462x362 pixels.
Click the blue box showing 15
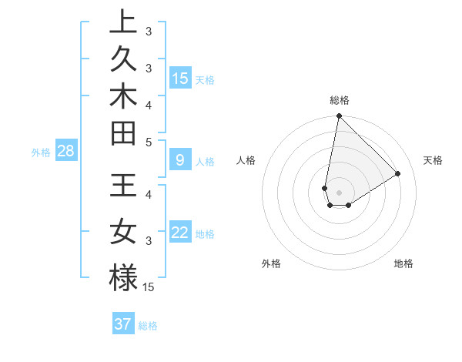[180, 78]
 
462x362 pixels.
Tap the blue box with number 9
[180, 160]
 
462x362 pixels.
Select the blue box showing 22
[180, 233]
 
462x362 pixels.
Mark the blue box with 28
[65, 151]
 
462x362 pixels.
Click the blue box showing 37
[123, 324]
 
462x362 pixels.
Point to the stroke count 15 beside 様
[149, 287]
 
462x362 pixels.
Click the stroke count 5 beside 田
[149, 142]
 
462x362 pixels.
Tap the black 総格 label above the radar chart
[339, 100]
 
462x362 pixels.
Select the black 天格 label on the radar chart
[434, 160]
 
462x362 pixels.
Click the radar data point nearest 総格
[339, 116]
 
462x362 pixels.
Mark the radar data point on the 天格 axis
[398, 174]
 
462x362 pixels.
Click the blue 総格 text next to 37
[148, 326]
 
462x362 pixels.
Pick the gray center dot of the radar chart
[339, 193]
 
